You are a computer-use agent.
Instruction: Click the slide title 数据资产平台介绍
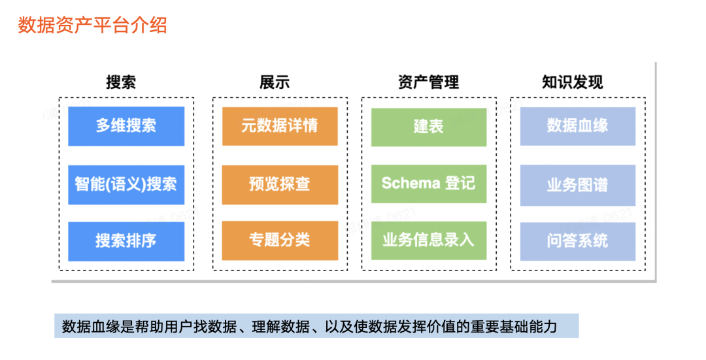tap(92, 25)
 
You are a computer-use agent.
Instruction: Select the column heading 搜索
tap(121, 82)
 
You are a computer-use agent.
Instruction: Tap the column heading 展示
tap(275, 82)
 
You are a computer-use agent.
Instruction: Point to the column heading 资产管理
tap(428, 82)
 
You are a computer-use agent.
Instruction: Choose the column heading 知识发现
tap(572, 82)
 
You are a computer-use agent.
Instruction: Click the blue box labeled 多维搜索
tap(126, 126)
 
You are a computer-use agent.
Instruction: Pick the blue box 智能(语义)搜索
tap(126, 184)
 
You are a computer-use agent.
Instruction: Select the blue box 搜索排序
tap(126, 241)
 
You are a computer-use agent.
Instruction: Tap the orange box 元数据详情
tap(280, 126)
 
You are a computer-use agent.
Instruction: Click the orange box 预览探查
tap(280, 184)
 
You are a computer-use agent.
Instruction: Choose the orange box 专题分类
tap(280, 240)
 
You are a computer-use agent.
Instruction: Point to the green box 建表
tap(429, 126)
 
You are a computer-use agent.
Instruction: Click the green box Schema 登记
tap(429, 184)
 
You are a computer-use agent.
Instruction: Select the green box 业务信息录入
tap(429, 240)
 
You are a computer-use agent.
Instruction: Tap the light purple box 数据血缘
tap(578, 126)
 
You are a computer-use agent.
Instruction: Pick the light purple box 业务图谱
tap(578, 184)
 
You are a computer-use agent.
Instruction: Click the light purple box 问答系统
tap(578, 240)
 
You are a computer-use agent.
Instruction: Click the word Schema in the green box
tap(411, 184)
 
